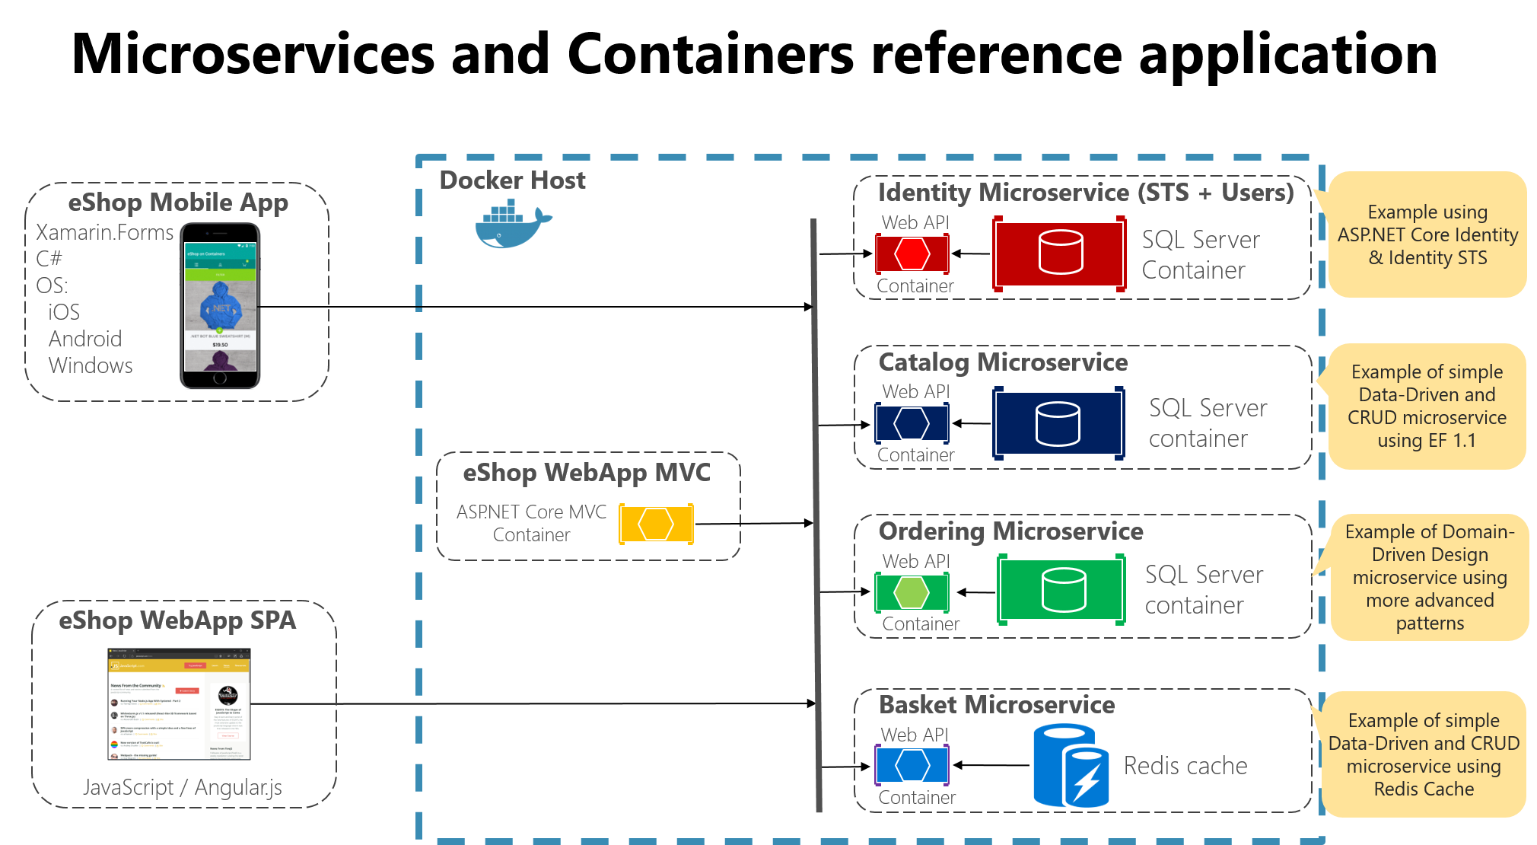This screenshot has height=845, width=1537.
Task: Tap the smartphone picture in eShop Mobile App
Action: pyautogui.click(x=220, y=306)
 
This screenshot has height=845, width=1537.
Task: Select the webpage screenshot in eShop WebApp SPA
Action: pyautogui.click(x=179, y=703)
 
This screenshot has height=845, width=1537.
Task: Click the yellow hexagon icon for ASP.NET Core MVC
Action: pyautogui.click(x=656, y=524)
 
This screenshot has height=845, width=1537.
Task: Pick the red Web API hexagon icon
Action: pyautogui.click(x=912, y=253)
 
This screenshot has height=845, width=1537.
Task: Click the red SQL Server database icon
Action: pyautogui.click(x=1060, y=253)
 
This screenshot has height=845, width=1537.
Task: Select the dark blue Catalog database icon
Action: pyautogui.click(x=1058, y=423)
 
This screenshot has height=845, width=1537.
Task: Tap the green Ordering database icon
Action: pyautogui.click(x=1063, y=590)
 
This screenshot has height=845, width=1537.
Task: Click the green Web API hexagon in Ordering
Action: pyautogui.click(x=912, y=592)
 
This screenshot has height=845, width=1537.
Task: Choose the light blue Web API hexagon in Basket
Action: pyautogui.click(x=912, y=765)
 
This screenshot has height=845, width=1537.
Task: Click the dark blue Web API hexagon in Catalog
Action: pyautogui.click(x=912, y=423)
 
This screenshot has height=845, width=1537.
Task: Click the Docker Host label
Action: pyautogui.click(x=512, y=180)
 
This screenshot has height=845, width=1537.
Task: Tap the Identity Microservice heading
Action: pyautogui.click(x=1086, y=193)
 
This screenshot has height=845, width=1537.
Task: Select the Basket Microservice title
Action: pyautogui.click(x=997, y=705)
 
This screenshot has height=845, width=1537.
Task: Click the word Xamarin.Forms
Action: pyautogui.click(x=105, y=232)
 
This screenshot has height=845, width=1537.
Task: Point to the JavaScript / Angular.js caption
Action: pyautogui.click(x=183, y=787)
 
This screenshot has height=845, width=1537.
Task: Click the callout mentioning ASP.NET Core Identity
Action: pyautogui.click(x=1427, y=234)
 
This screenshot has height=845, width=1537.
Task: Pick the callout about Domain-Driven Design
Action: pyautogui.click(x=1430, y=577)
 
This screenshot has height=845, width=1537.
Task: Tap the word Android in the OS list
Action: pyautogui.click(x=85, y=339)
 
